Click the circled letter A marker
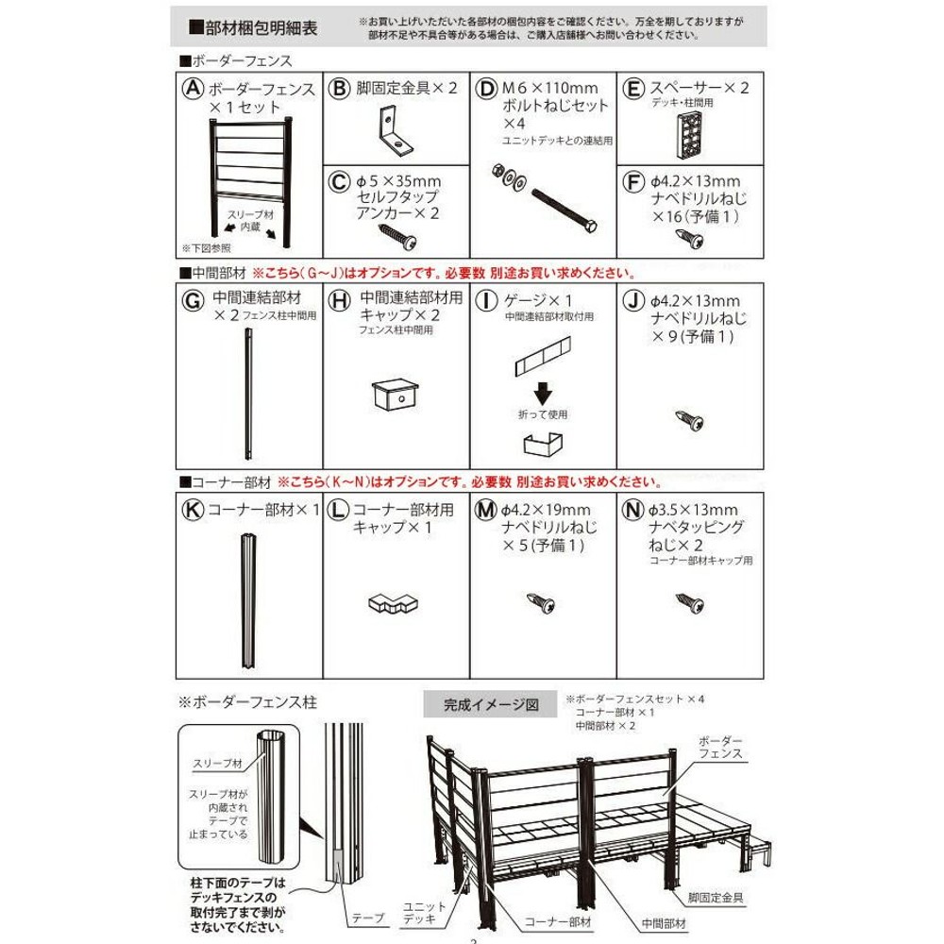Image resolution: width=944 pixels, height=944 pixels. coord(193,89)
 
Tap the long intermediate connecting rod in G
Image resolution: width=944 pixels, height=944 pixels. coord(250,396)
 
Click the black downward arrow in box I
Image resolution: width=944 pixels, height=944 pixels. coord(544,391)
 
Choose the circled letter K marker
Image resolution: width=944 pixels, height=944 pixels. coord(193,511)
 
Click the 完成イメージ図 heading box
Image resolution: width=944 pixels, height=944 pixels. coord(492,704)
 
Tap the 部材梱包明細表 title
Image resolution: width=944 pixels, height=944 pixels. coord(253,27)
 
